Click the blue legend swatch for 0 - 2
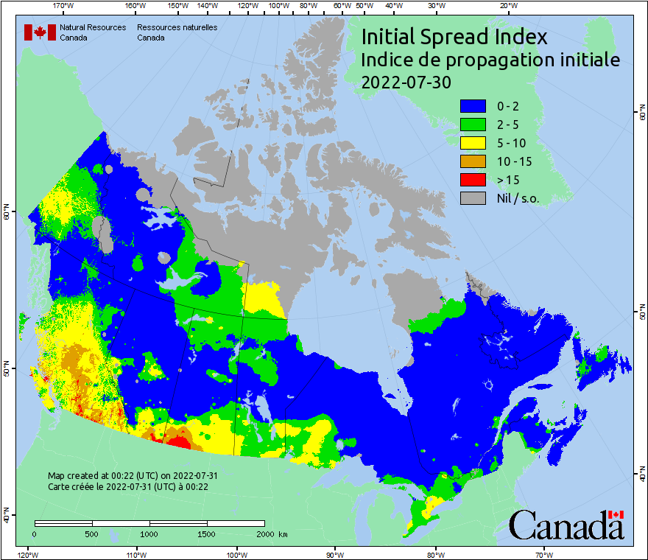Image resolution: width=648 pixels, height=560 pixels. [x=473, y=106]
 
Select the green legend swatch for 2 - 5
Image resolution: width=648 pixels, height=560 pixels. [x=473, y=125]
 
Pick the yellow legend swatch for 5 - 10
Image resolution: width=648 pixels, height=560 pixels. [x=473, y=143]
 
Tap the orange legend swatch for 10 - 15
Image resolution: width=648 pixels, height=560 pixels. [x=473, y=161]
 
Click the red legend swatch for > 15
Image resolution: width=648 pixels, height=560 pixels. [x=473, y=180]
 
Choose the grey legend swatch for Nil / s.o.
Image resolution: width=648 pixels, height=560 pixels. [x=473, y=198]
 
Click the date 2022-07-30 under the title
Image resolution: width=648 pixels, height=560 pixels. [x=406, y=83]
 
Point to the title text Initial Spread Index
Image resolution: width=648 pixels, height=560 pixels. [x=454, y=36]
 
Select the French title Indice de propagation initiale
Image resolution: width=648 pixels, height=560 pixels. [x=490, y=60]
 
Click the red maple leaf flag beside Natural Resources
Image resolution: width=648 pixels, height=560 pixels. [x=40, y=32]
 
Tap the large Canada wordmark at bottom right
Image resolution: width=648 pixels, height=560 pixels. [x=566, y=525]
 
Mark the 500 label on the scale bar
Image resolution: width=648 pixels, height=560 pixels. [x=92, y=534]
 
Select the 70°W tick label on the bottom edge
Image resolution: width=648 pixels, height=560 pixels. [x=544, y=554]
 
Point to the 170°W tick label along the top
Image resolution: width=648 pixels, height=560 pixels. [x=64, y=5]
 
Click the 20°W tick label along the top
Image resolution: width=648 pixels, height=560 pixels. [x=507, y=5]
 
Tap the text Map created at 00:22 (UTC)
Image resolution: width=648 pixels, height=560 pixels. [x=133, y=476]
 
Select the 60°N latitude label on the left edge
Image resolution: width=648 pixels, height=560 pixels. [x=6, y=214]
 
